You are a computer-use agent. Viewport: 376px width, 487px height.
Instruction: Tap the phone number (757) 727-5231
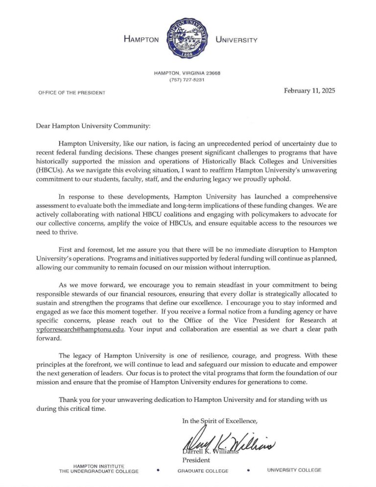187,80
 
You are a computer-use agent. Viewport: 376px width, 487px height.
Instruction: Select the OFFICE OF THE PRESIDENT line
72,93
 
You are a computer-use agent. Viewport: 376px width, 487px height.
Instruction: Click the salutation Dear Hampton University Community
93,125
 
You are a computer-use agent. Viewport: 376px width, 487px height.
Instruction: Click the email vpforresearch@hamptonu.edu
80,329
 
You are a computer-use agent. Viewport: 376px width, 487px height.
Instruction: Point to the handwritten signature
228,444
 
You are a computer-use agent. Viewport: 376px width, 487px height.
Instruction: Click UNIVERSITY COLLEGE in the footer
294,470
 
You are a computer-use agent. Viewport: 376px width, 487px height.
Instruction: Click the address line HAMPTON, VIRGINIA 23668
187,73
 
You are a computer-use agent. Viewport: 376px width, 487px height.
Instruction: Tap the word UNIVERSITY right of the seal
236,40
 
